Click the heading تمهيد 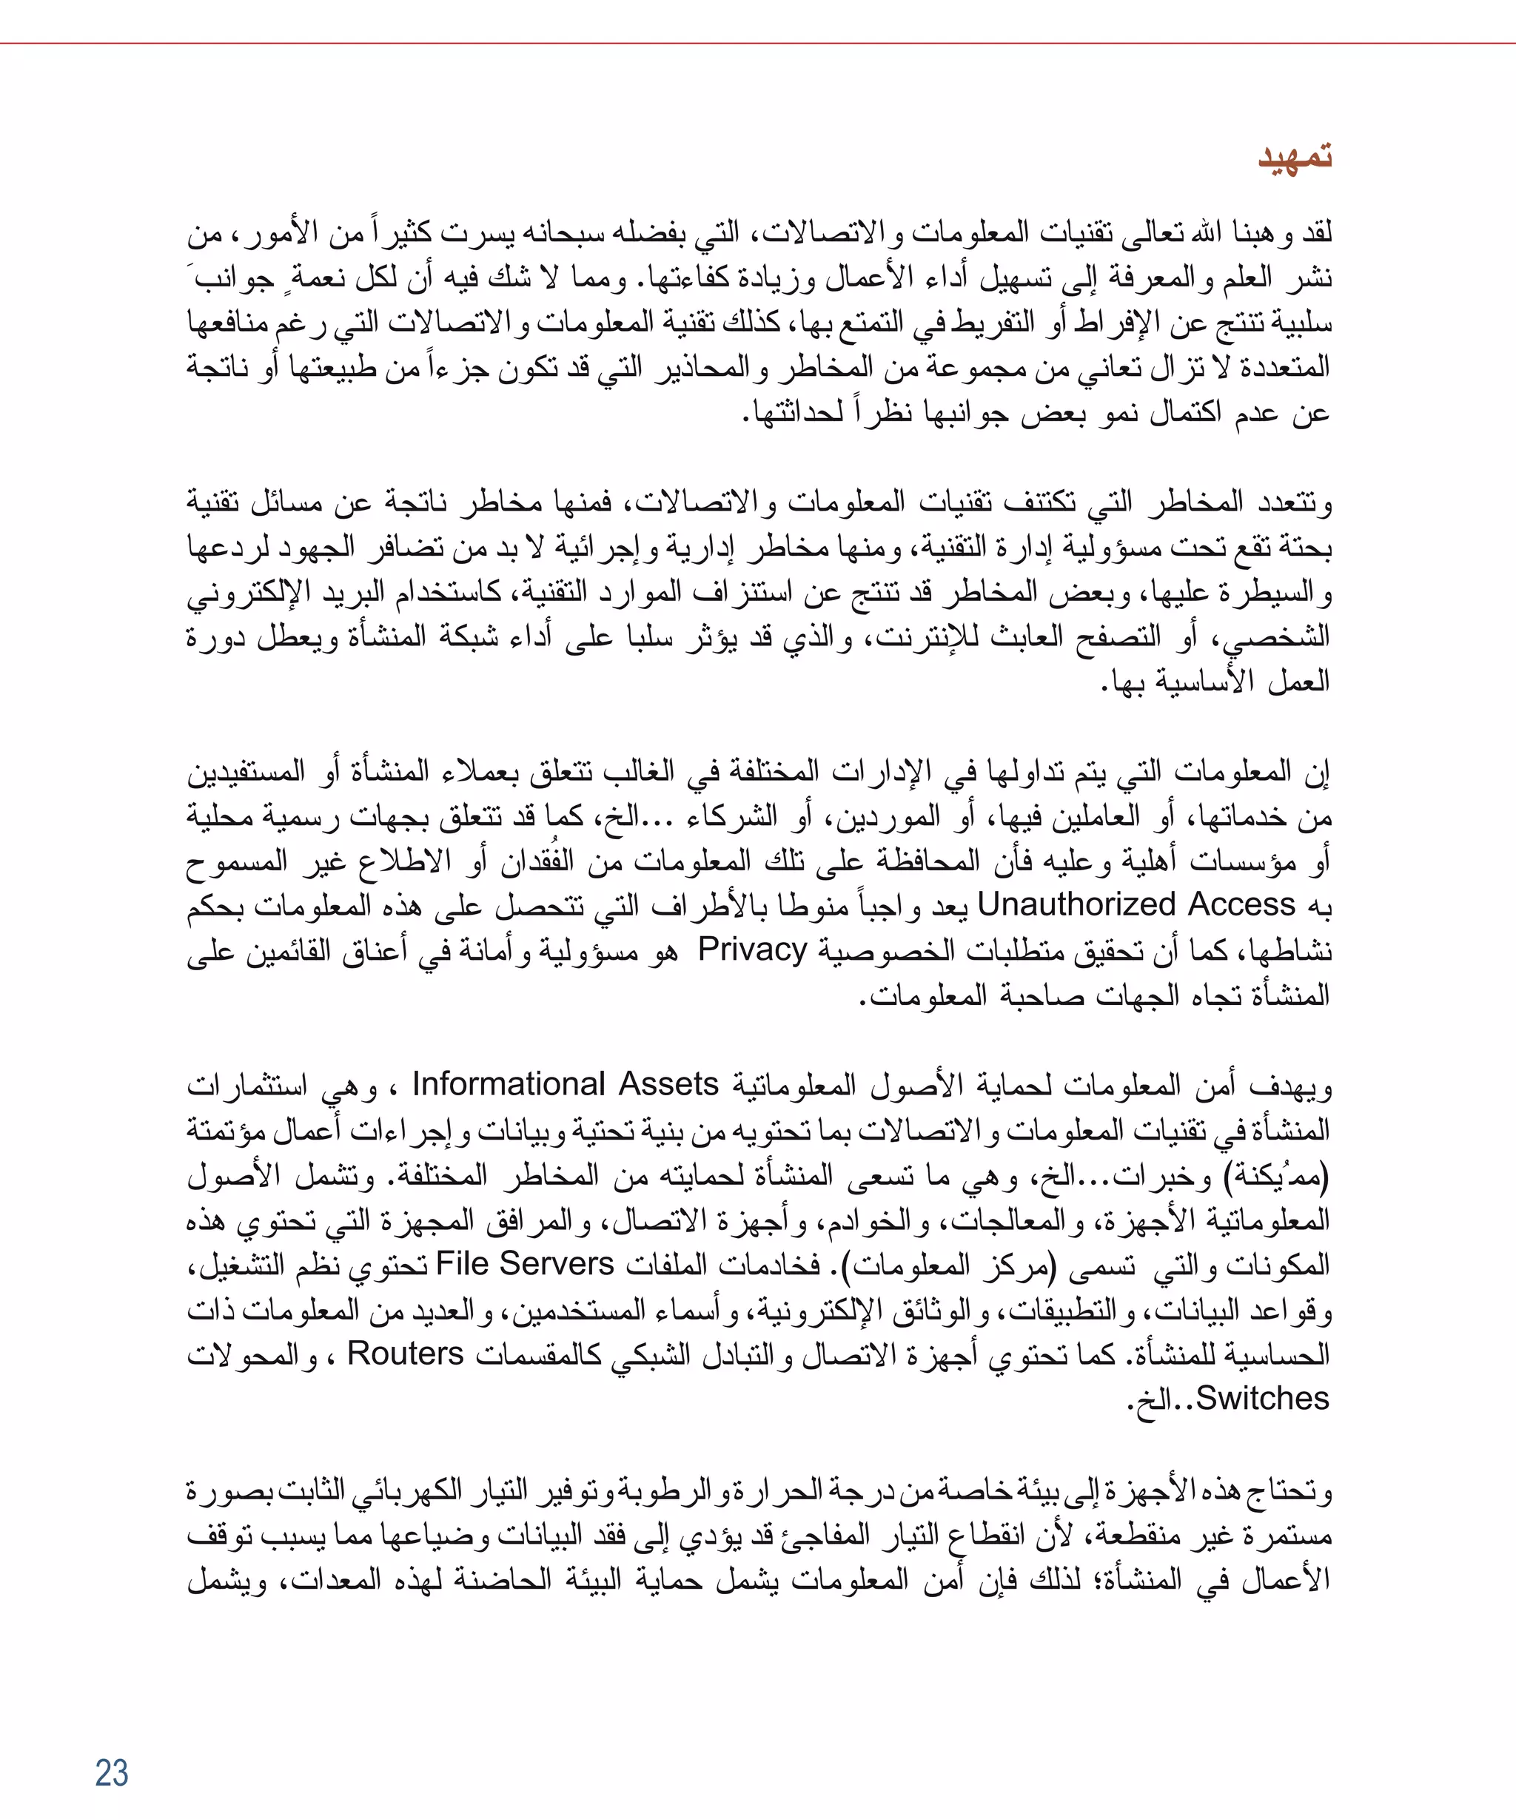pyautogui.click(x=1294, y=157)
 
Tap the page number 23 pyautogui.click(x=112, y=1772)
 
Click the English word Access pyautogui.click(x=1241, y=904)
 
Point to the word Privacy pyautogui.click(x=752, y=949)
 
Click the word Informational pyautogui.click(x=509, y=1084)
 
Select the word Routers pyautogui.click(x=406, y=1353)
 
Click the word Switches pyautogui.click(x=1262, y=1398)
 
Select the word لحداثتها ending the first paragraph pyautogui.click(x=793, y=413)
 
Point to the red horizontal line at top pyautogui.click(x=758, y=42)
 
